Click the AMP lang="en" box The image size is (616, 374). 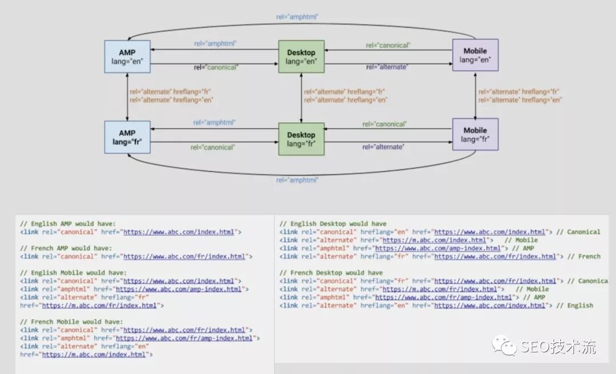(127, 56)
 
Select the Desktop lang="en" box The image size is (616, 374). (301, 56)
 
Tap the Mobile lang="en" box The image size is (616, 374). (475, 55)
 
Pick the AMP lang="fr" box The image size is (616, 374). (127, 137)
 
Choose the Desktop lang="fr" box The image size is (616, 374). (301, 139)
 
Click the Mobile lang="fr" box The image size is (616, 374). (475, 135)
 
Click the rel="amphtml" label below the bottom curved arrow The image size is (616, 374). (297, 180)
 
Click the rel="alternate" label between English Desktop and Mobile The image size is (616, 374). (386, 67)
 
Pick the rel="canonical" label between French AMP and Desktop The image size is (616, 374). (212, 147)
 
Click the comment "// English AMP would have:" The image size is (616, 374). (68, 224)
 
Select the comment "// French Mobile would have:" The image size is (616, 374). (71, 322)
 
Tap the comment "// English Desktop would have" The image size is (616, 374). (333, 224)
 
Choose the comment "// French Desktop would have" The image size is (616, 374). (331, 273)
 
